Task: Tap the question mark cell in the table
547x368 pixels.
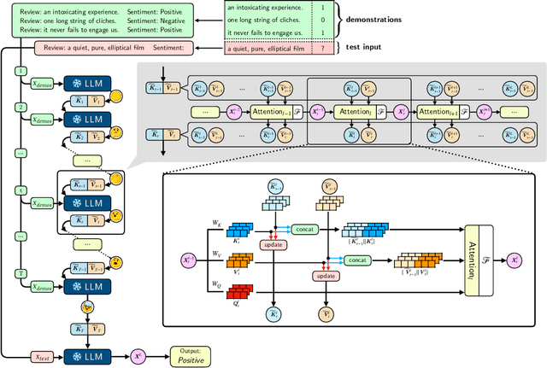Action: (321, 50)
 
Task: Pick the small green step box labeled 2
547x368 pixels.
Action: (21, 108)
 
